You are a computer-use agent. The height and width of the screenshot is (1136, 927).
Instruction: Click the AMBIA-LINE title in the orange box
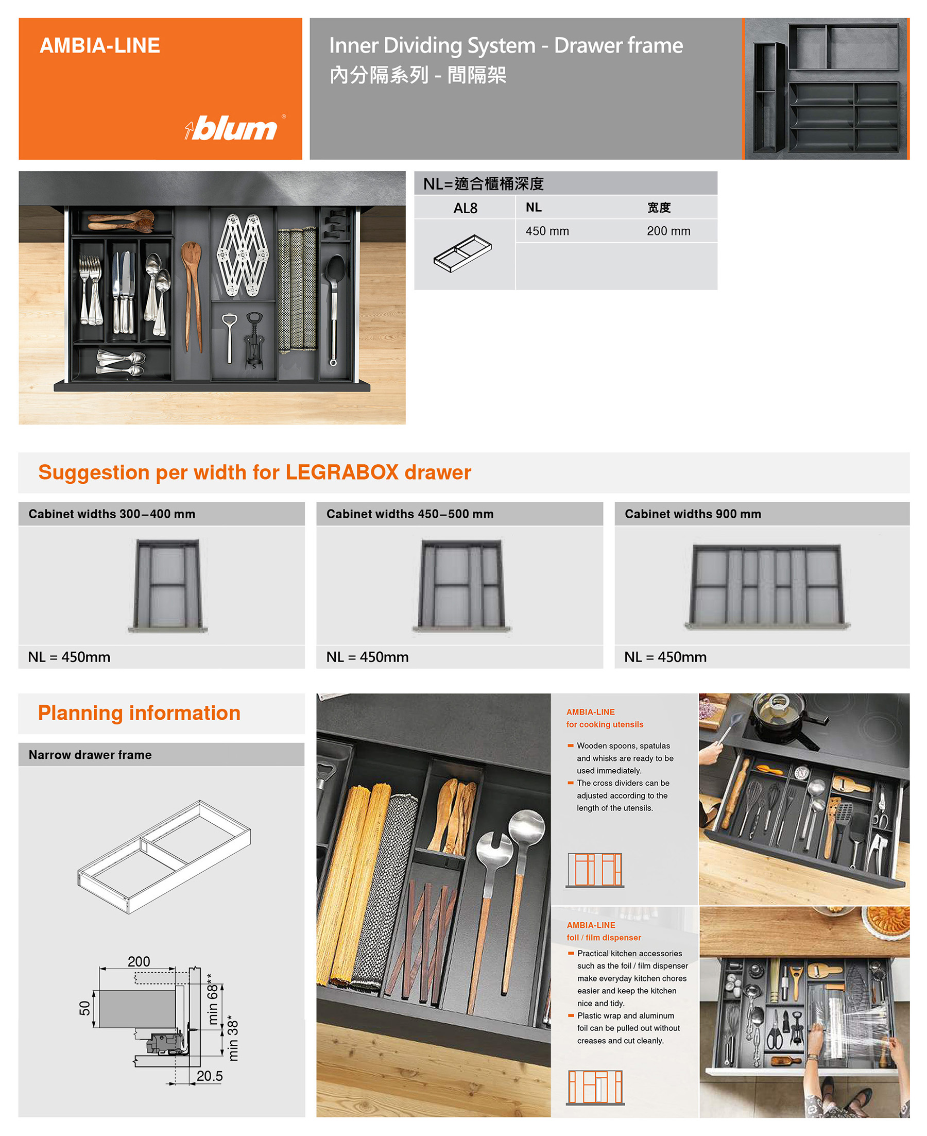pos(100,45)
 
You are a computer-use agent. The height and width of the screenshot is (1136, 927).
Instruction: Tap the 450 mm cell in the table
pos(547,231)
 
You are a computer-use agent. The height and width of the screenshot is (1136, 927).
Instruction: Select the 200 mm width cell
pos(668,231)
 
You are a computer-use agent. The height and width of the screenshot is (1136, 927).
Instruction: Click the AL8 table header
pos(465,208)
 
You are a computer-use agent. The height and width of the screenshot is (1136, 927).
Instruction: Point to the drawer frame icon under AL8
pos(462,253)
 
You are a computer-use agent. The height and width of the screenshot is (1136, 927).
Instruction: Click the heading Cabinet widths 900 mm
pos(693,514)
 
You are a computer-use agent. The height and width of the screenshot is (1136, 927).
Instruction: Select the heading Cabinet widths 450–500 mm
pos(409,514)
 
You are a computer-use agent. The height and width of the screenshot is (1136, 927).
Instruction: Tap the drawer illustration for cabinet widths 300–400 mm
pos(168,585)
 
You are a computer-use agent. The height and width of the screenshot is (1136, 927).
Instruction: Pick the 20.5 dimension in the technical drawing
pos(209,1076)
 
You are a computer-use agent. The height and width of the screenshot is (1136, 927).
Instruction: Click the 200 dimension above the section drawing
pos(139,961)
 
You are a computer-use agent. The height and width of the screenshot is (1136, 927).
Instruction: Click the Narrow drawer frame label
pos(90,755)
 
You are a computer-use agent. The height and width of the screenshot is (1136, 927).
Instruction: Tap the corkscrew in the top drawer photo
pos(254,341)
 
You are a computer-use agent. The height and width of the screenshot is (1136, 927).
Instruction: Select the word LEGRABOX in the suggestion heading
pos(342,472)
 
